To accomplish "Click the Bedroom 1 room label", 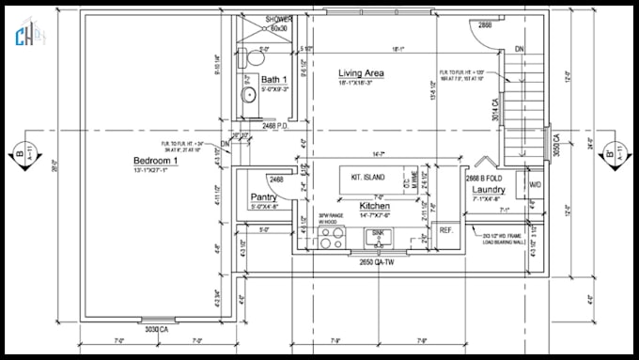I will [x=155, y=162].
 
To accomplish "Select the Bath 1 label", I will [x=273, y=79].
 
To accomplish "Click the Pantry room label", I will [x=262, y=197].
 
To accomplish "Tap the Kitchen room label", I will [x=375, y=204].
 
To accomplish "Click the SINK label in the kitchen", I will [x=378, y=230].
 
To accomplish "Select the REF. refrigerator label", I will [x=446, y=230].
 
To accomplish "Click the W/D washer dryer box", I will [x=535, y=184].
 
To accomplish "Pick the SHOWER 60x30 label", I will [x=278, y=23].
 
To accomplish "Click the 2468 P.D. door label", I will [x=274, y=124].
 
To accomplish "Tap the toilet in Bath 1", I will [x=249, y=59].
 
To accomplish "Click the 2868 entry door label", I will [x=484, y=24].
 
